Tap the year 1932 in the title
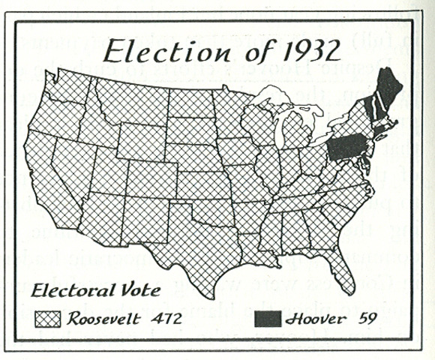298,51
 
